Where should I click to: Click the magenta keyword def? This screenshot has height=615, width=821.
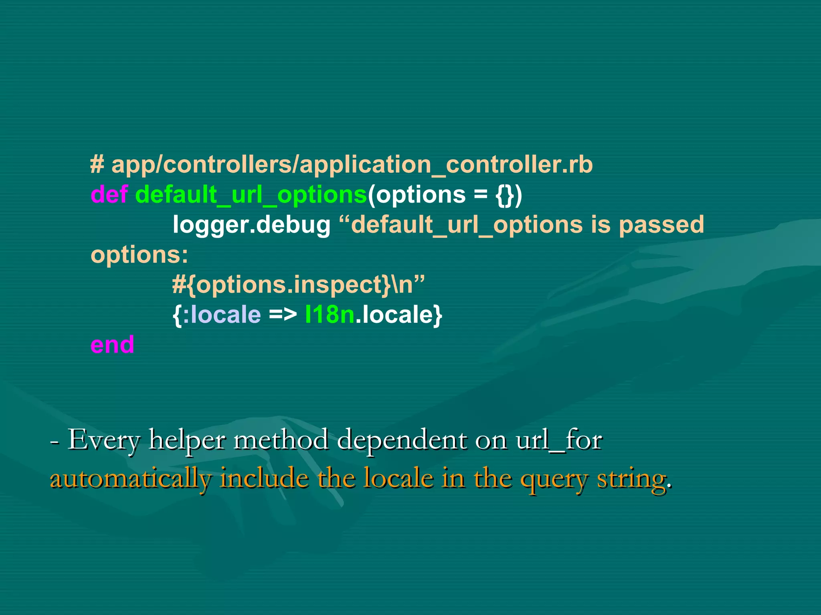(x=109, y=195)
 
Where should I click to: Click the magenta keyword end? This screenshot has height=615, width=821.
(x=112, y=345)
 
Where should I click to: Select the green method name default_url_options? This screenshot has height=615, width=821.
(x=251, y=195)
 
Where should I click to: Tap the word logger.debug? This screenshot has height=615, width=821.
(x=251, y=225)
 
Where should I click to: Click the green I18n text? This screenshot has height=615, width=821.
(x=330, y=315)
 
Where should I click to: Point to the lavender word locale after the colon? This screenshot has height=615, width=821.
(x=226, y=315)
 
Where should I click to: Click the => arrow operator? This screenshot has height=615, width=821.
(x=283, y=315)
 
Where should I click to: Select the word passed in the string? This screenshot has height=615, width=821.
(x=661, y=225)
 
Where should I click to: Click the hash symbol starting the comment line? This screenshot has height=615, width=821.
(x=97, y=165)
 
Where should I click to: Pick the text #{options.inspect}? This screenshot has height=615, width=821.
(x=281, y=285)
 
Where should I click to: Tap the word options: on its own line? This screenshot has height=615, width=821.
(x=139, y=255)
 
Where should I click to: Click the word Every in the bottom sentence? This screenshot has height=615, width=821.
(x=104, y=440)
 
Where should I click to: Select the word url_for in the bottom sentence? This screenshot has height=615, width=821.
(x=559, y=440)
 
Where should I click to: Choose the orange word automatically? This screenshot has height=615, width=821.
(x=130, y=479)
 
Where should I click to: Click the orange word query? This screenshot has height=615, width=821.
(x=554, y=480)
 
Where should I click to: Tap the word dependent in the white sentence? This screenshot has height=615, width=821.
(x=402, y=440)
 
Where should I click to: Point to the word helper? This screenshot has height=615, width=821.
(x=187, y=440)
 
